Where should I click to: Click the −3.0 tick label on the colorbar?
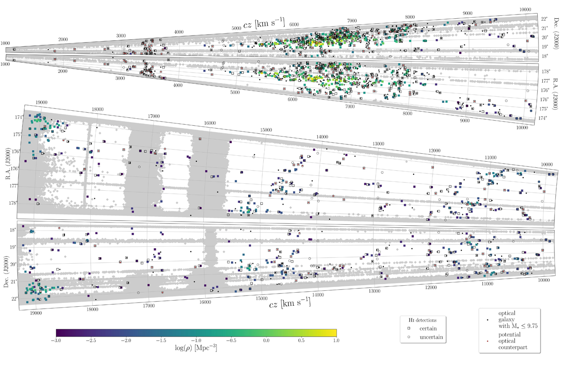pos(56,340)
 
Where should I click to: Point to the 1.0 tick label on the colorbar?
pos(336,340)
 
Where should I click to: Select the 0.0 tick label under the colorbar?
pos(266,340)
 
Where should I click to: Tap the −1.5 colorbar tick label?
pos(161,340)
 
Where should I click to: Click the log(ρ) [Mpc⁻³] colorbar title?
pos(196,348)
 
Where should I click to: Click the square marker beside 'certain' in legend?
pos(409,328)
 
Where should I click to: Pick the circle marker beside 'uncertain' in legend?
pos(409,337)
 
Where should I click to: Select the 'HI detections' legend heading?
pos(423,320)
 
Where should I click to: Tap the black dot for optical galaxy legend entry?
pos(487,320)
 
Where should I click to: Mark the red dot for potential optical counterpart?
pos(487,341)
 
